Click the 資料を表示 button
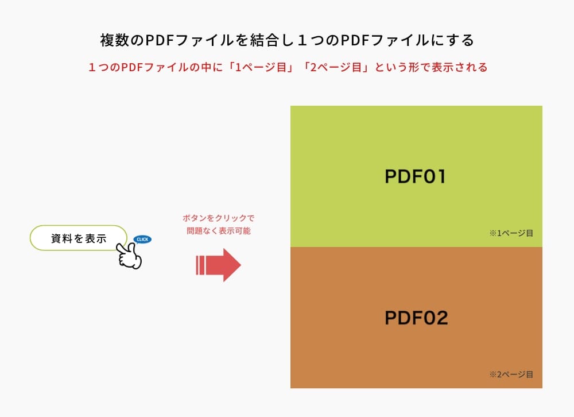coord(78,238)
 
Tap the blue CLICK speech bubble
coord(142,239)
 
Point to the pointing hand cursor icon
coord(129,256)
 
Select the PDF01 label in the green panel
coord(416,176)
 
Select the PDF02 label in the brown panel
coord(416,318)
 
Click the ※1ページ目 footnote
coord(511,233)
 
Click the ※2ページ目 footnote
coord(511,374)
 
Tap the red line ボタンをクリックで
coord(218,219)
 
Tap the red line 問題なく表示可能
coord(218,231)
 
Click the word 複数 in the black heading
coord(114,41)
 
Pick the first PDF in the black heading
coord(157,41)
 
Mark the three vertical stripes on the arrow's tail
coord(201,265)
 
